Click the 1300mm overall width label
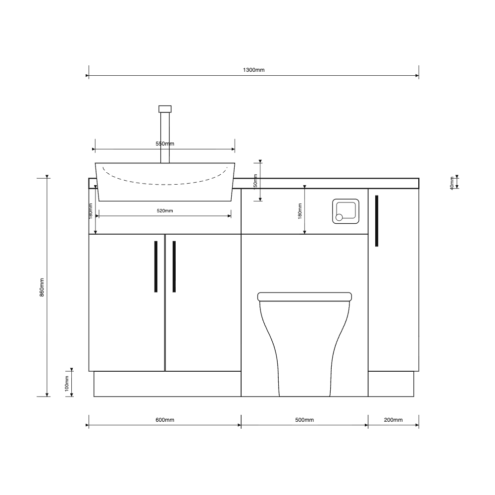pos(253,70)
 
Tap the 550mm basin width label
pos(165,144)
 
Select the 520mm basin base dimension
pos(165,210)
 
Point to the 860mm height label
pos(42,287)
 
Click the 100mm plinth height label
pos(67,383)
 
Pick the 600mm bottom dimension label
pos(165,420)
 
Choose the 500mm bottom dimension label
pos(304,420)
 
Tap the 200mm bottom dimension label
pos(394,420)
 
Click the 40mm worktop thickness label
pos(452,183)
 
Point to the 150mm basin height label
pos(255,181)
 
